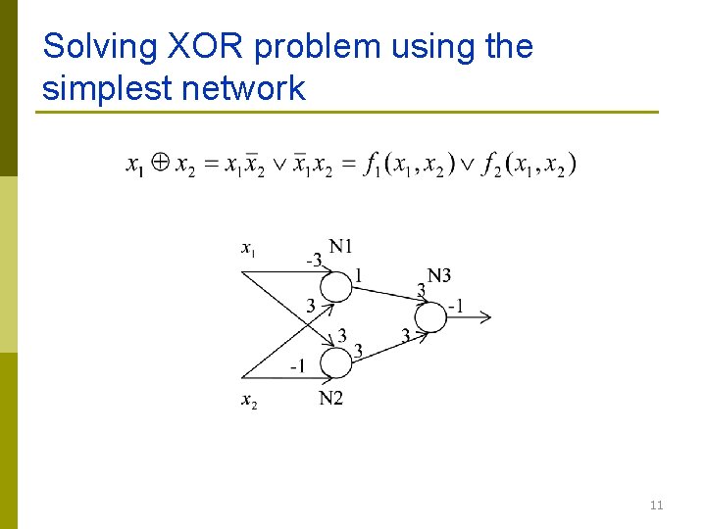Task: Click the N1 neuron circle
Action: click(x=335, y=286)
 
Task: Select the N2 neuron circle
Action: click(x=335, y=363)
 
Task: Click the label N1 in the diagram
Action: click(x=341, y=246)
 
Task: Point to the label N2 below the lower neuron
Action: click(x=331, y=397)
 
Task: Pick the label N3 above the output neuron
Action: click(x=438, y=276)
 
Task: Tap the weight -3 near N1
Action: click(x=313, y=260)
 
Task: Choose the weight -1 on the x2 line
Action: click(x=297, y=366)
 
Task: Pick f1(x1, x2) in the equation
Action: click(x=408, y=165)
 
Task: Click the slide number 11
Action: click(x=656, y=505)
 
